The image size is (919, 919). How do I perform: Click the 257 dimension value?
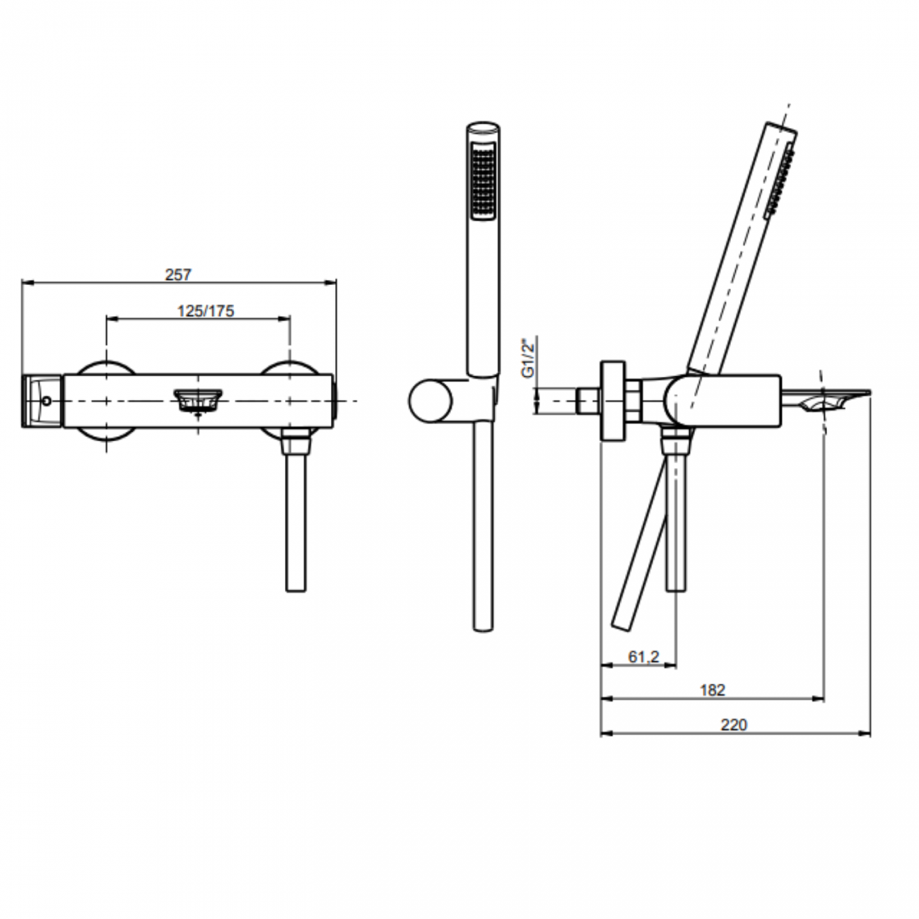178,275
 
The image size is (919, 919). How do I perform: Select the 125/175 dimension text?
205,311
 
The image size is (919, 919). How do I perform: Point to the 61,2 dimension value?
643,657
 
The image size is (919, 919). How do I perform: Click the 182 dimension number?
713,690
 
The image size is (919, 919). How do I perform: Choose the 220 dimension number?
734,725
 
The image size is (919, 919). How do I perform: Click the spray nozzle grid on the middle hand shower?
484,181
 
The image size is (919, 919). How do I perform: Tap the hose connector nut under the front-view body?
295,445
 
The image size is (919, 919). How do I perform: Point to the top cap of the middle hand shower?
484,129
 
